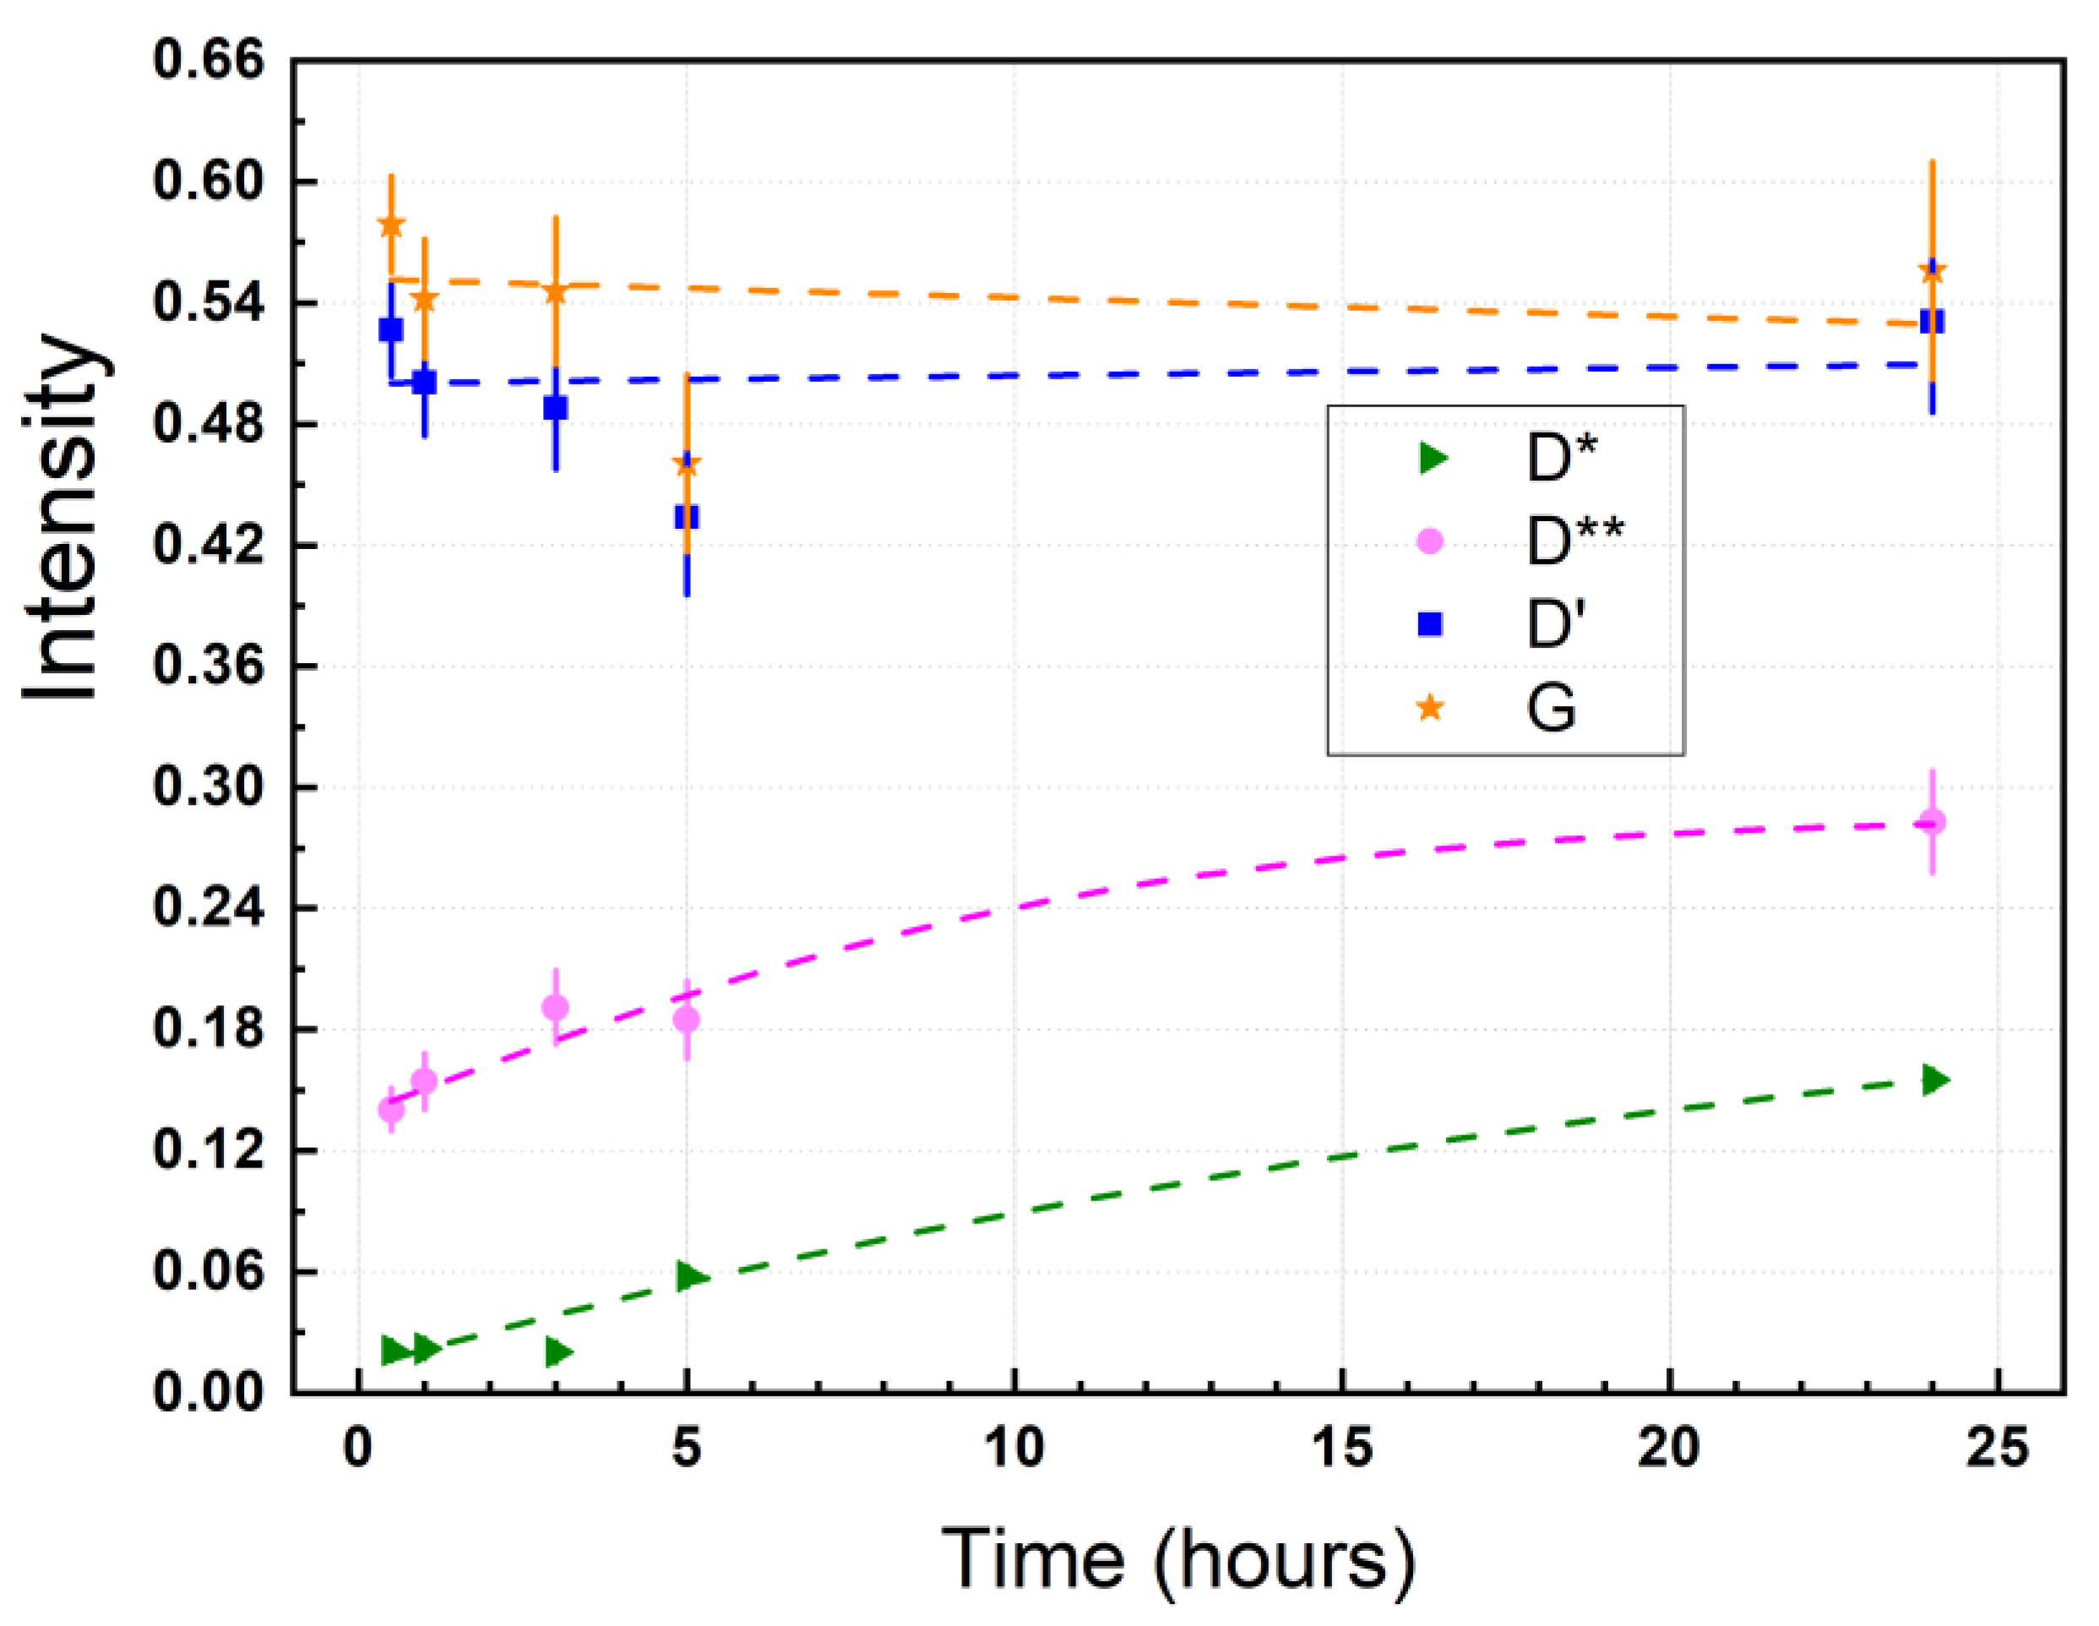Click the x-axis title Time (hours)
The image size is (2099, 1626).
(1177, 1558)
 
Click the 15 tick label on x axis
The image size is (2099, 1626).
(1341, 1449)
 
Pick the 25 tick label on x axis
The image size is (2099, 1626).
(1997, 1449)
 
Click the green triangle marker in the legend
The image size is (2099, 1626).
(1432, 459)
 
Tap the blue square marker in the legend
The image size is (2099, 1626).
(1430, 625)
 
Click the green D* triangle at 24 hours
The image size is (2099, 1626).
(1933, 1080)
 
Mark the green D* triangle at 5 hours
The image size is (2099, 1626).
(690, 1276)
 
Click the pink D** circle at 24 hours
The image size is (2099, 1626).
(1932, 822)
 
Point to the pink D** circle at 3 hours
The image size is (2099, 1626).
(555, 1008)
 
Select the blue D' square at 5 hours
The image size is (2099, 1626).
(686, 517)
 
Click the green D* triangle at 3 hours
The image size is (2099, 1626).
(557, 1352)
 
